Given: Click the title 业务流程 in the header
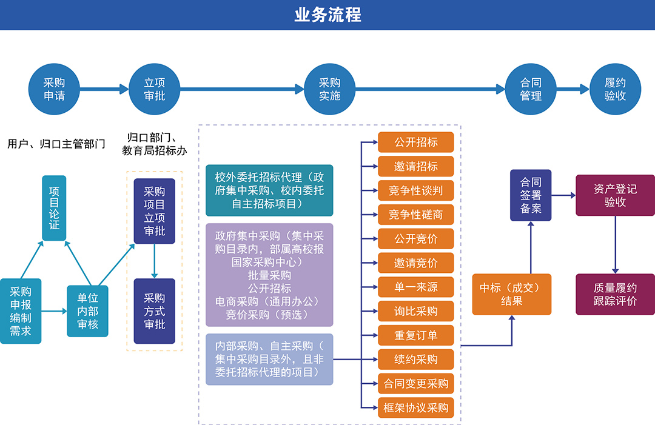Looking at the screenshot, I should (327, 15).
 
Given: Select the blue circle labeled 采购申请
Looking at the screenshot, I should (54, 89).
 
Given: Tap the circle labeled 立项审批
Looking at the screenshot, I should (154, 89).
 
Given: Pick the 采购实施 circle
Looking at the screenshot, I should (329, 89).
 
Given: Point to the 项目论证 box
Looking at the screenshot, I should (54, 208).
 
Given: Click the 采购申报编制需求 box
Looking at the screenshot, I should (21, 311).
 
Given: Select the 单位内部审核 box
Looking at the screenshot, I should (87, 311).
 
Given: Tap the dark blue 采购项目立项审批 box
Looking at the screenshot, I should (154, 211).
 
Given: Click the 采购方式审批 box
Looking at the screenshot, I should (154, 311).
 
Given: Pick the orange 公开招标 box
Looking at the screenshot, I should (415, 142).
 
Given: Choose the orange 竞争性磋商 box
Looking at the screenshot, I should (415, 215).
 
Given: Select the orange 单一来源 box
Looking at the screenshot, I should (415, 287).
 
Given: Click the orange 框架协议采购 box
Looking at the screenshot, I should (415, 407).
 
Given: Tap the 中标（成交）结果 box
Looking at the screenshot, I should (512, 294).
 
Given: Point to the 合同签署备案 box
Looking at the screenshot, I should (530, 195).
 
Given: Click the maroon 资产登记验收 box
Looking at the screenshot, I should (615, 195).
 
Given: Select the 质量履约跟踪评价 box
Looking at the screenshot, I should (615, 294).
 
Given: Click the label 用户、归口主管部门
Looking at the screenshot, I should (56, 144).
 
